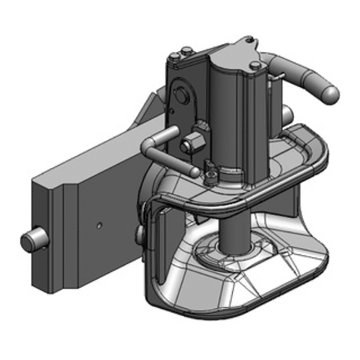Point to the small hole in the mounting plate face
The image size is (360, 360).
(x=100, y=224)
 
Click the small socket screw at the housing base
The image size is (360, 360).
(x=209, y=173)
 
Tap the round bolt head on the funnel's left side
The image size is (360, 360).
(x=140, y=232)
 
